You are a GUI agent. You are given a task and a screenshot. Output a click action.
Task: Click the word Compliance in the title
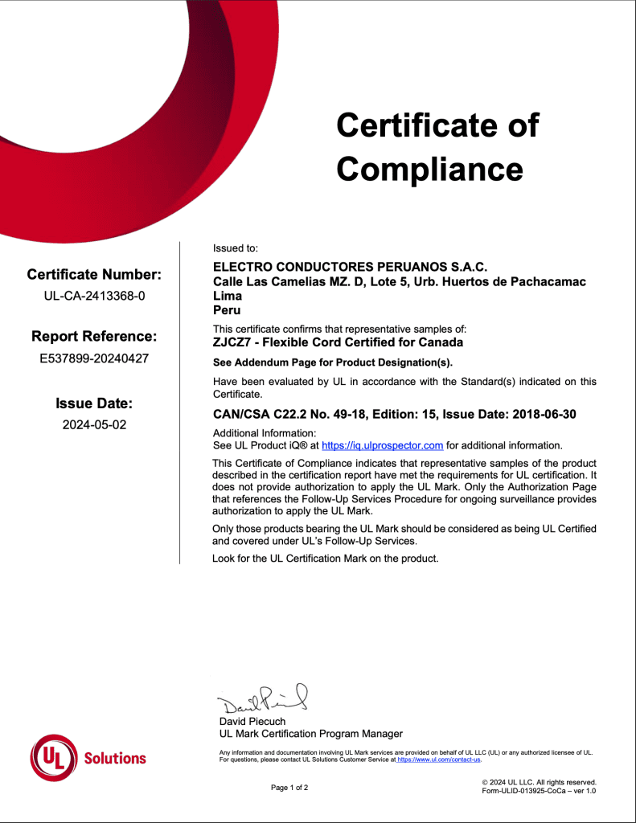[429, 169]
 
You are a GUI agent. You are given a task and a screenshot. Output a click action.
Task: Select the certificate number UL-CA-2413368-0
[94, 295]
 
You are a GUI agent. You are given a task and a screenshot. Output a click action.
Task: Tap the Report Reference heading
[94, 336]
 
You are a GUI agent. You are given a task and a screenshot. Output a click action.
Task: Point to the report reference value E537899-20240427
[94, 358]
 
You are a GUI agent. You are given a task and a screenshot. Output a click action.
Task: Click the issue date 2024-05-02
[94, 424]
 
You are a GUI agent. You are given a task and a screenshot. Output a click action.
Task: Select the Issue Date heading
[94, 403]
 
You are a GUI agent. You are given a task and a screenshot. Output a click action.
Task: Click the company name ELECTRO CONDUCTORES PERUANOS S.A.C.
[350, 267]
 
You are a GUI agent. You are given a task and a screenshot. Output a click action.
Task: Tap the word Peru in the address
[227, 309]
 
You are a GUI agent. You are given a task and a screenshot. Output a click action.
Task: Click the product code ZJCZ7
[230, 342]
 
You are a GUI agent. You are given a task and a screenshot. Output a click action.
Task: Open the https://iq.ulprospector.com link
[382, 445]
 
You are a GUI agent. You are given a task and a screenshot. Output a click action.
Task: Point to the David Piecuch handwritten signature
[261, 700]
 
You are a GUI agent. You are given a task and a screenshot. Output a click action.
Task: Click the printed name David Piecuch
[252, 722]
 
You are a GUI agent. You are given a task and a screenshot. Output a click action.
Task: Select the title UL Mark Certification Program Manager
[310, 734]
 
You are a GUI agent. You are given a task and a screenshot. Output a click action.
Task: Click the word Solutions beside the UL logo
[115, 758]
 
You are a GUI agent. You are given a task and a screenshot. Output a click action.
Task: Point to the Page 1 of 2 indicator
[289, 788]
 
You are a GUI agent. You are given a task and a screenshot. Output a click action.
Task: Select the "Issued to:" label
[235, 248]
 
